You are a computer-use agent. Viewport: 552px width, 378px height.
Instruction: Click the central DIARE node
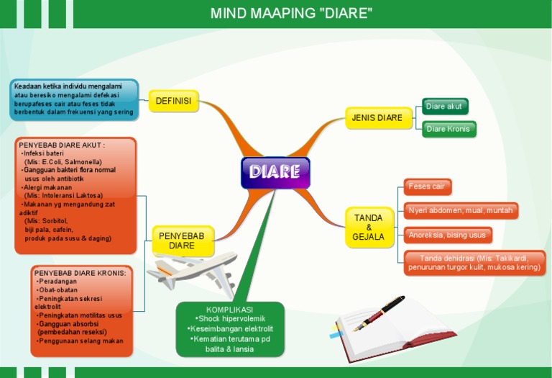275,172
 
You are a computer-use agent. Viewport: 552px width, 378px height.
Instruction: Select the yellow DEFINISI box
173,102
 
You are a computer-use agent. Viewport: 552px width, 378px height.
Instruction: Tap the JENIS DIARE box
377,117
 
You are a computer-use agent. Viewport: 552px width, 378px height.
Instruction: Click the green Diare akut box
444,107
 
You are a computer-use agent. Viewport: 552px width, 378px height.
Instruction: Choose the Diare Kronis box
448,129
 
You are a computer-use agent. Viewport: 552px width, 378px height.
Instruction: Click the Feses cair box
427,186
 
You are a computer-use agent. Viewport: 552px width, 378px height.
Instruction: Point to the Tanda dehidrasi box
474,263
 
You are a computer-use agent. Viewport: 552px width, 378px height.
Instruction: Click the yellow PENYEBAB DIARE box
182,240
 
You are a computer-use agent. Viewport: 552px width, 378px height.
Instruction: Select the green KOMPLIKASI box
230,329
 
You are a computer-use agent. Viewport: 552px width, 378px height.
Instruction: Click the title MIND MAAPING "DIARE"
291,14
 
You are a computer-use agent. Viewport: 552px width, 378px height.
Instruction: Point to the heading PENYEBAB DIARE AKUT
62,145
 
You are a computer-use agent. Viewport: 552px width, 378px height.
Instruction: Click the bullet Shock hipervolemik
230,319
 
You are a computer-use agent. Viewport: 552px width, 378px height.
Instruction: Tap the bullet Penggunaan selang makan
81,341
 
